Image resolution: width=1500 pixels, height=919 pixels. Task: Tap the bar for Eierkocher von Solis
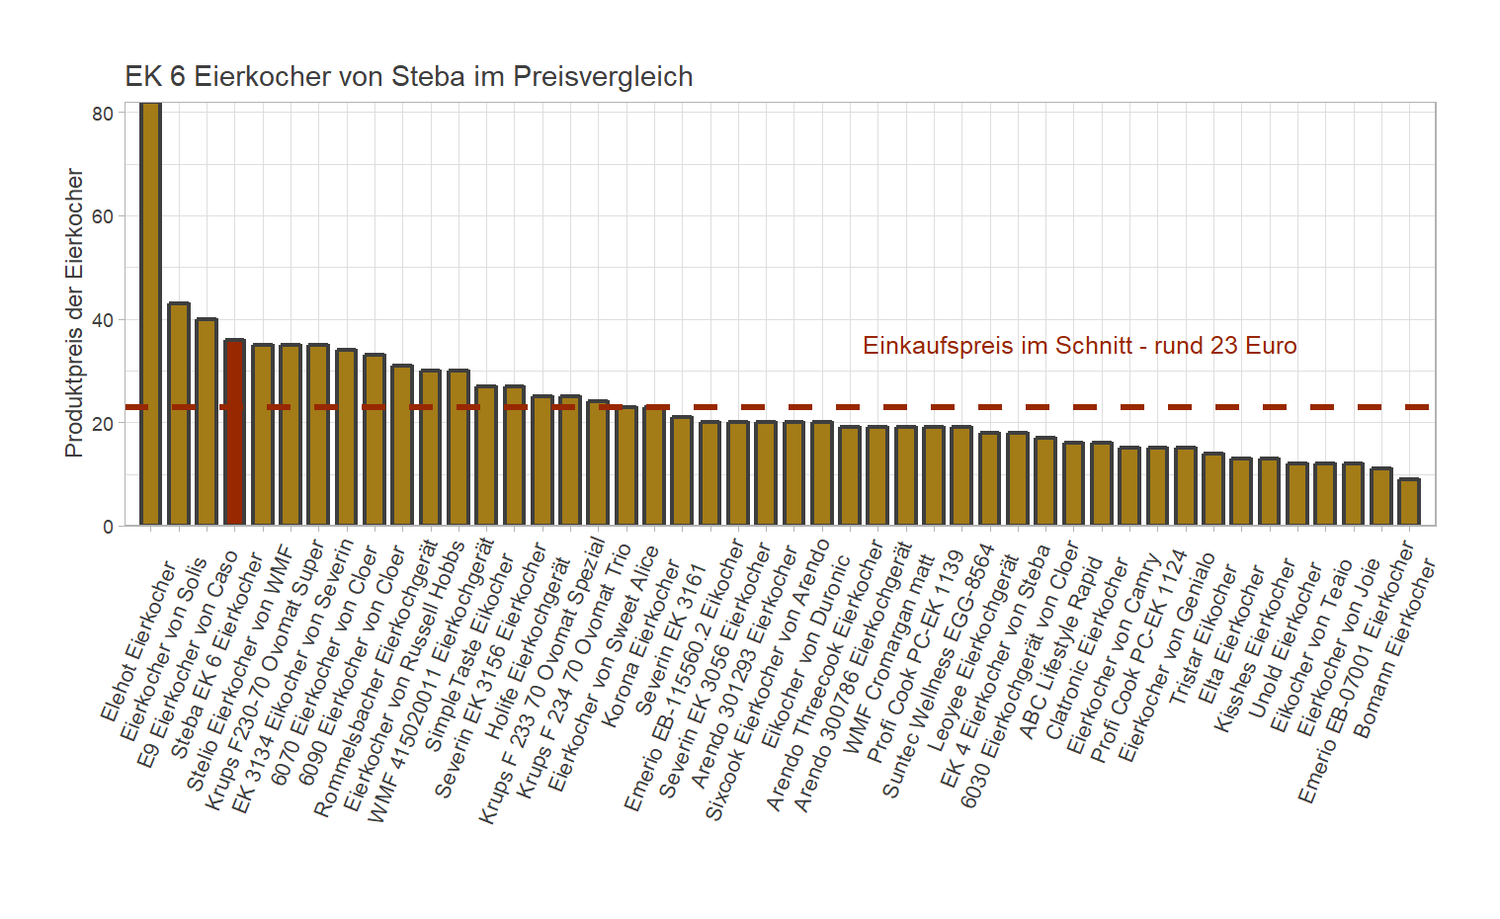[x=178, y=414]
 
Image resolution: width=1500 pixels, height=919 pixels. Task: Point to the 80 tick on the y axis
[x=103, y=114]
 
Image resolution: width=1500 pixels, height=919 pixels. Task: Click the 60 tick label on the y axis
[x=103, y=216]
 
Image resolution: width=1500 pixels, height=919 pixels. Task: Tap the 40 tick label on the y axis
[x=103, y=320]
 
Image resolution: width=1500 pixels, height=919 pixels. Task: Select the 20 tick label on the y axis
[x=103, y=423]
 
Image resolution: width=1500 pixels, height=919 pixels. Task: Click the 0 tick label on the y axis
[x=108, y=527]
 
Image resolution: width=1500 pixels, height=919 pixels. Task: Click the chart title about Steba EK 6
[x=408, y=77]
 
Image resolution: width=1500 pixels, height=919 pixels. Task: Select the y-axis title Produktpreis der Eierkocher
[x=74, y=312]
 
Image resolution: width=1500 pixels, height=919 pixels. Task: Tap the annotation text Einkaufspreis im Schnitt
[x=1079, y=346]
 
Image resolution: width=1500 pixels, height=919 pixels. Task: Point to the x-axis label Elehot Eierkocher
[x=137, y=642]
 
